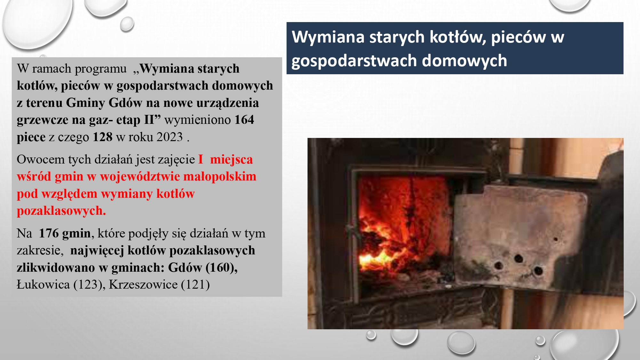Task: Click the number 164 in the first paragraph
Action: pyautogui.click(x=244, y=120)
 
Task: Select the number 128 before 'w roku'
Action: pyautogui.click(x=102, y=137)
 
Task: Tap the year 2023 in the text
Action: pyautogui.click(x=169, y=137)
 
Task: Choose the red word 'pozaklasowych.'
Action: pyautogui.click(x=61, y=211)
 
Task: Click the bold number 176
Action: pyautogui.click(x=49, y=233)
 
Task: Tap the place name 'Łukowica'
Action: pyautogui.click(x=43, y=284)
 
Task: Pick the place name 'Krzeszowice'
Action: pyautogui.click(x=143, y=284)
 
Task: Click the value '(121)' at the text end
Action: pyautogui.click(x=195, y=284)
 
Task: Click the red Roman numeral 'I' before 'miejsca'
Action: pyautogui.click(x=201, y=159)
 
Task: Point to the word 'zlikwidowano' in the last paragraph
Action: pyautogui.click(x=56, y=268)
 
